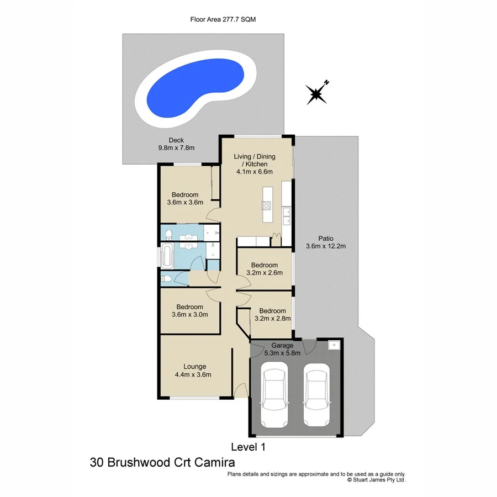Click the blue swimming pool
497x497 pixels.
pos(197,88)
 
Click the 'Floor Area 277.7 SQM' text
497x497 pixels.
pos(223,19)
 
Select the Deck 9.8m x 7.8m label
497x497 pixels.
pos(176,144)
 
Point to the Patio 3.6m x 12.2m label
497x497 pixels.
pos(326,242)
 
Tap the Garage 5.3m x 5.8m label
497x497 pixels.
pos(282,349)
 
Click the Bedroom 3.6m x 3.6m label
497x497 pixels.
pos(184,198)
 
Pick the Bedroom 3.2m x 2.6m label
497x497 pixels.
pos(263,268)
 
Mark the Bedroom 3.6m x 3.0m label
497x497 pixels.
pos(189,311)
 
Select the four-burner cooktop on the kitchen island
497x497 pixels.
pos(266,207)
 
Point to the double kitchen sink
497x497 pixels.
pos(286,216)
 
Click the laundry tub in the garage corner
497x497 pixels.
pos(334,345)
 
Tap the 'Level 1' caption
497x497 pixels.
pos(247,447)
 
